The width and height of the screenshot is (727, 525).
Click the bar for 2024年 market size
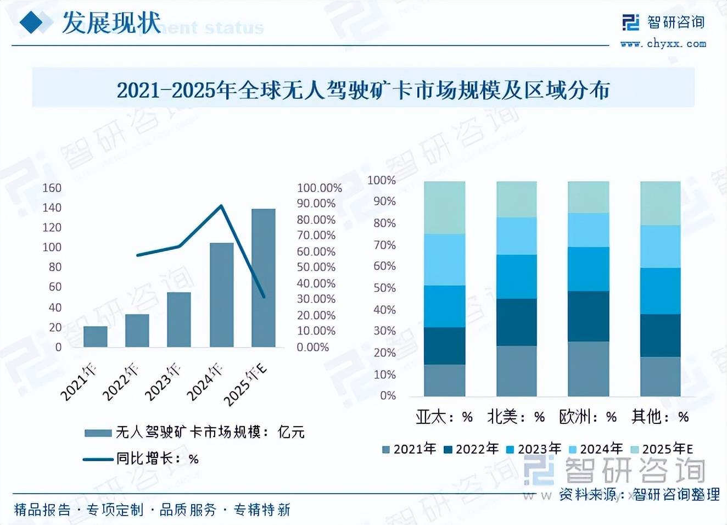tap(221, 295)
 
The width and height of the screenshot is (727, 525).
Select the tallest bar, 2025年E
tap(263, 278)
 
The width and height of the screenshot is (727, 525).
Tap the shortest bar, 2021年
tap(96, 337)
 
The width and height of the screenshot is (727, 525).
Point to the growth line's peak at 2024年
tap(221, 206)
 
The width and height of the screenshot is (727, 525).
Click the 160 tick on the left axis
tap(52, 188)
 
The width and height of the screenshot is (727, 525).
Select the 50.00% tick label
tap(316, 267)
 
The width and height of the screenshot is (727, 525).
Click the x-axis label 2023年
tap(163, 382)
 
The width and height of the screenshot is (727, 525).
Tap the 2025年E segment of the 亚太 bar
tap(444, 208)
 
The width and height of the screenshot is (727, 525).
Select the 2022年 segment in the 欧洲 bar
tap(588, 316)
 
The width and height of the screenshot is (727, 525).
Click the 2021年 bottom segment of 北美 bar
tap(516, 371)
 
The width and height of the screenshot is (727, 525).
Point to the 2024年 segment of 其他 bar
tap(660, 247)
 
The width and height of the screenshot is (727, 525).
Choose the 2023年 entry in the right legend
tap(534, 449)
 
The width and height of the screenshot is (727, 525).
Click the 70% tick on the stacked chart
tap(384, 245)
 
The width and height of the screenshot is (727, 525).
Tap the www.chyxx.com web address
tap(663, 44)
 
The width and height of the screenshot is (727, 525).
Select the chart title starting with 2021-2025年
tap(363, 90)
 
